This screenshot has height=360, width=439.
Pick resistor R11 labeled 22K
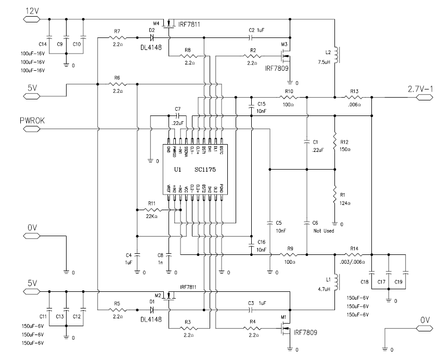152,210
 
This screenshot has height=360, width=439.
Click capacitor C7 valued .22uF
177,115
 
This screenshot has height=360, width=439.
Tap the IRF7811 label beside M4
189,24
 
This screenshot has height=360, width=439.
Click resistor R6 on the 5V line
117,84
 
